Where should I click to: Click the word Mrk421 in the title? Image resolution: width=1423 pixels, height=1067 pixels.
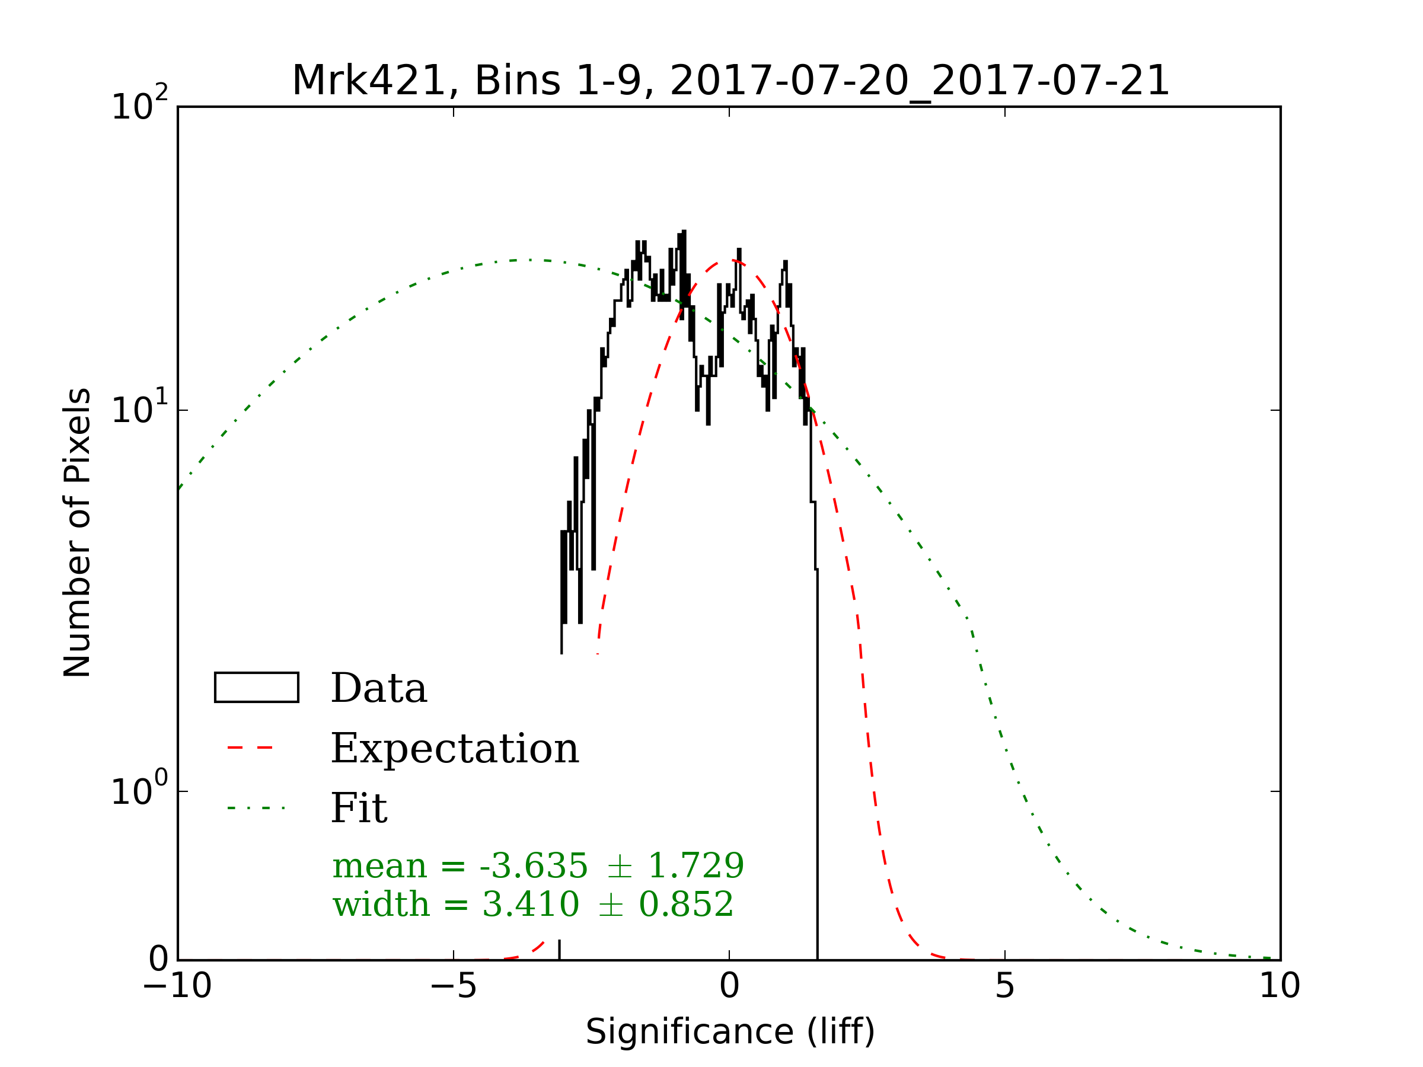(369, 82)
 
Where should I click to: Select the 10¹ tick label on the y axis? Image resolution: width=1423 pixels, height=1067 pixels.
(139, 408)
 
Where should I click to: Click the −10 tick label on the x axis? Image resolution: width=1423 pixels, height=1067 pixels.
(177, 986)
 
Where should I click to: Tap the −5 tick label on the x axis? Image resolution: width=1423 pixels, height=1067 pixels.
(453, 986)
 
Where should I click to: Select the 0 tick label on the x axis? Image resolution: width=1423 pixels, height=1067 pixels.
(729, 986)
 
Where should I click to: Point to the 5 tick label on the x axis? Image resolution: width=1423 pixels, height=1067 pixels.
(1004, 986)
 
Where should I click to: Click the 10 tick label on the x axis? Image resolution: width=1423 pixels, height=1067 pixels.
(1280, 986)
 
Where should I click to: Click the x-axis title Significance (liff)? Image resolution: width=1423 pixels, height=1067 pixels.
(730, 1032)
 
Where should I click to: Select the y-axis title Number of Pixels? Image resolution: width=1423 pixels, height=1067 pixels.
(77, 532)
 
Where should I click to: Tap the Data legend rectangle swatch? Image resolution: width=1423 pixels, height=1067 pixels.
(257, 688)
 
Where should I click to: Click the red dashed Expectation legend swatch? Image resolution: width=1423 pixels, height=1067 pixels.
(250, 748)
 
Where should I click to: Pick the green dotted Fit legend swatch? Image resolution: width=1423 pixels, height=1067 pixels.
(256, 808)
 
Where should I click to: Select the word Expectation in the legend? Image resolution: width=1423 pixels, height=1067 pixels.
(455, 748)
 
